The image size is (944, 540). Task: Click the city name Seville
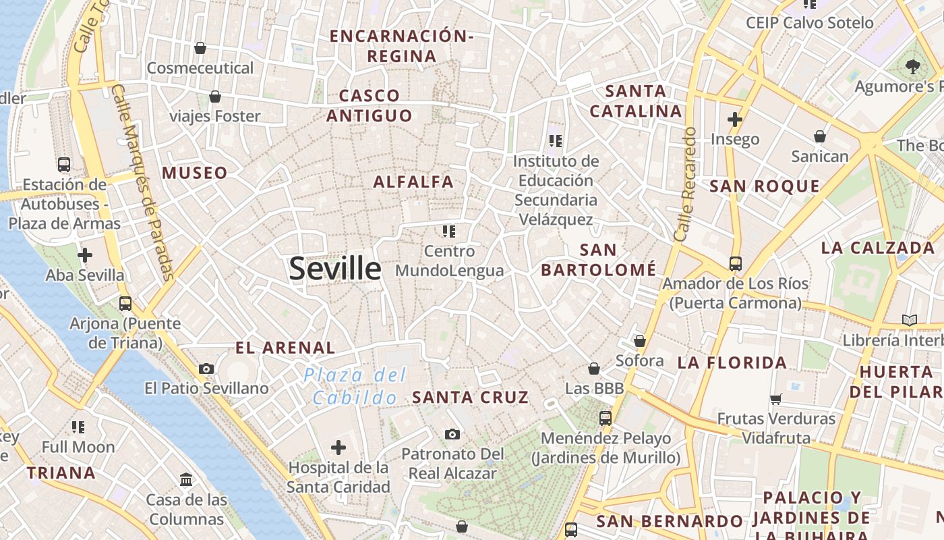tap(335, 268)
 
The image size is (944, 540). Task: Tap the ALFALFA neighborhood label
tap(413, 182)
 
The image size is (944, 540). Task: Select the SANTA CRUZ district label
tap(471, 397)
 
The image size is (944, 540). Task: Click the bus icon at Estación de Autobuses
tap(64, 164)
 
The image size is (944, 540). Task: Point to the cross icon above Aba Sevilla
tap(85, 255)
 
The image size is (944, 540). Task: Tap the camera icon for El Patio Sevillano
tap(206, 369)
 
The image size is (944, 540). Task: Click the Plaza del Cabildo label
tap(355, 385)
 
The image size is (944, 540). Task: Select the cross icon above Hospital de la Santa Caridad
tap(338, 447)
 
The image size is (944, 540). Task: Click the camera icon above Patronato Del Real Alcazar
tap(452, 433)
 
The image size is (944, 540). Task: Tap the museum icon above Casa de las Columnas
tap(186, 479)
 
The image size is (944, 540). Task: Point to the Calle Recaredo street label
tap(685, 184)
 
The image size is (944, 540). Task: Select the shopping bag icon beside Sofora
tap(639, 341)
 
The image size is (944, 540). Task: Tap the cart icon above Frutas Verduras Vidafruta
tap(776, 399)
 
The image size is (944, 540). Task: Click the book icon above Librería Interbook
tap(910, 320)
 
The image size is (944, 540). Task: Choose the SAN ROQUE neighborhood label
tap(765, 186)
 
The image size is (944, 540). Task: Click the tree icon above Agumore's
tap(913, 66)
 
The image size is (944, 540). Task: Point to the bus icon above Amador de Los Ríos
tap(735, 263)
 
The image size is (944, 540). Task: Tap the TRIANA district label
tap(61, 473)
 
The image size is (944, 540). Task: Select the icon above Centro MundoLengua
tap(449, 232)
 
